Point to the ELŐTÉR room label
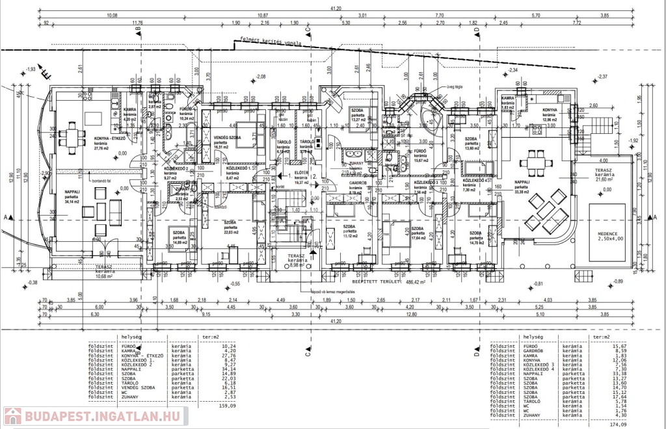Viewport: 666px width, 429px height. pyautogui.click(x=301, y=174)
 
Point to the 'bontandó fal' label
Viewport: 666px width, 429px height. pyautogui.click(x=83, y=172)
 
